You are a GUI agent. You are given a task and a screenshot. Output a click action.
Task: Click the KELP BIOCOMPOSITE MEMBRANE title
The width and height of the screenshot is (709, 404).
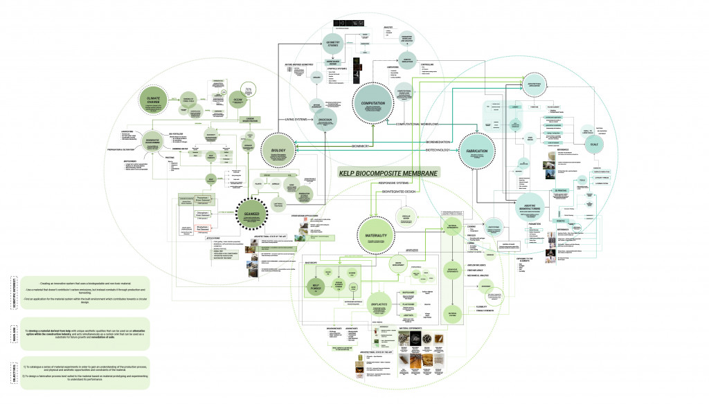coord(388,173)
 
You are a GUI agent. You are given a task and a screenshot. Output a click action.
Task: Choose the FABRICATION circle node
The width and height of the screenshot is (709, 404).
coord(478,152)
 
